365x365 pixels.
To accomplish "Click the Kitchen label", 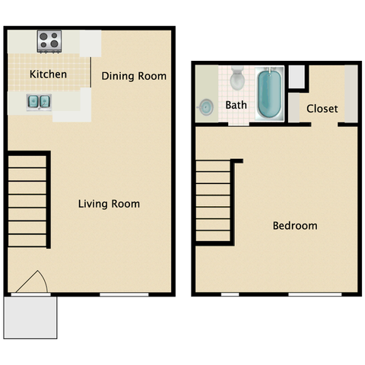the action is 48,75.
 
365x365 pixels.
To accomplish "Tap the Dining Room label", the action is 134,76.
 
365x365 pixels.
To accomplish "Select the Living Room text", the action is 109,204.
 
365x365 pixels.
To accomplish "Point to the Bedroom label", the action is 295,226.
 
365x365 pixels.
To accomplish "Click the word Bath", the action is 236,105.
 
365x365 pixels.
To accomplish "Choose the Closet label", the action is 322,109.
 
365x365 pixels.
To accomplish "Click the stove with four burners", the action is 49,42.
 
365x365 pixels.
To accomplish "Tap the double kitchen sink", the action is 39,102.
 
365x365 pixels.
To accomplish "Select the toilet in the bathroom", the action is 237,78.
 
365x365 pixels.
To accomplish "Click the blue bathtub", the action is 269,93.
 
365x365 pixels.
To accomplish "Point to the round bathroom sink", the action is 206,107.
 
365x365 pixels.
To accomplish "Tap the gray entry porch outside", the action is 30,317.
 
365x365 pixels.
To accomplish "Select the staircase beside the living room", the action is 27,201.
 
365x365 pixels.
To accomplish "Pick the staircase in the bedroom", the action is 215,202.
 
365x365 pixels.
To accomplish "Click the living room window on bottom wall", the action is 124,294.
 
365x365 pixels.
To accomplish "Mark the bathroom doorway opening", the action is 239,124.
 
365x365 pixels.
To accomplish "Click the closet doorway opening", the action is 325,125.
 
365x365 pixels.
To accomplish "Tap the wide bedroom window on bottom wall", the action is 315,294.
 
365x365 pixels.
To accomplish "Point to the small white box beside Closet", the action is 297,77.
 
